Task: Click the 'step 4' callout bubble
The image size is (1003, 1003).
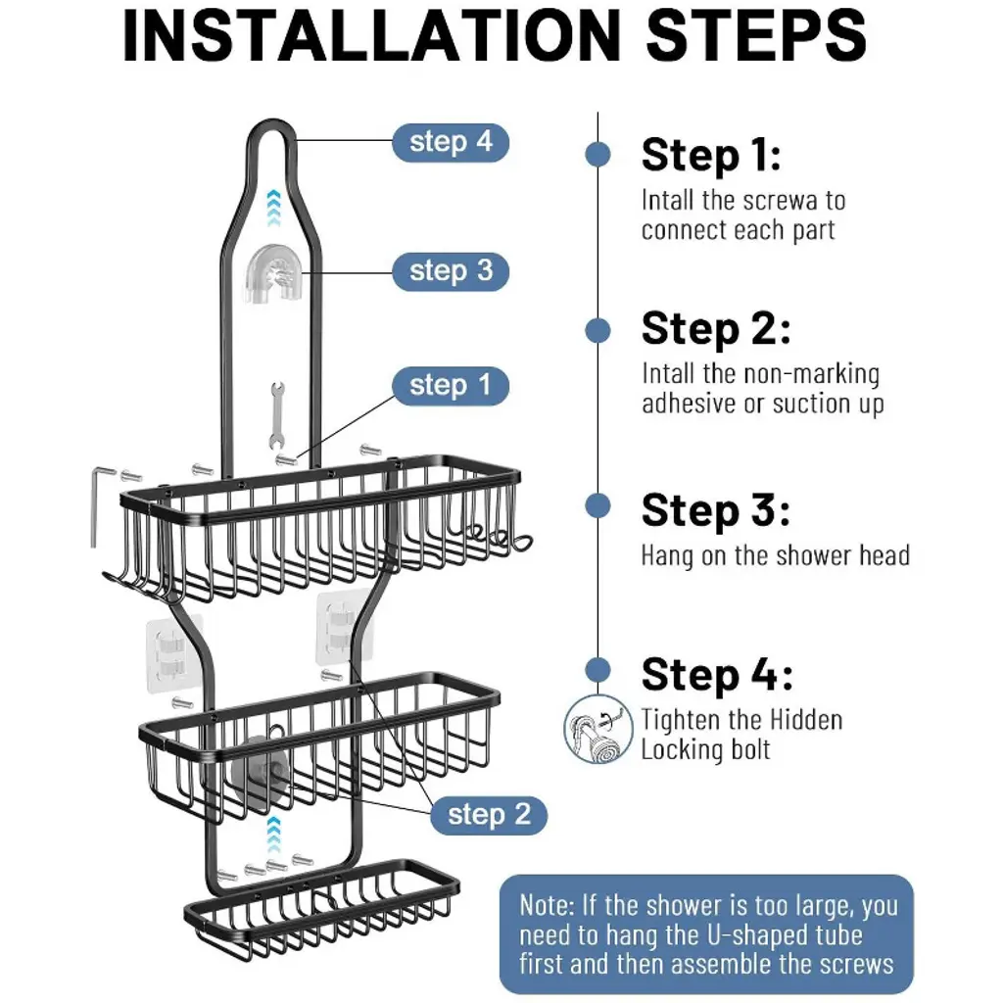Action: [x=451, y=142]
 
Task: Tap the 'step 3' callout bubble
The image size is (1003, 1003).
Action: [x=451, y=271]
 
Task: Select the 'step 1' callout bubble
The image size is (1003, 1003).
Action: [x=451, y=386]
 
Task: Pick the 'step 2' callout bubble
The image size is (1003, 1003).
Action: [x=489, y=815]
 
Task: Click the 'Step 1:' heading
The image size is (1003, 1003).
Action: [x=711, y=156]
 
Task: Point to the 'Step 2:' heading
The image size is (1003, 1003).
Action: [x=716, y=329]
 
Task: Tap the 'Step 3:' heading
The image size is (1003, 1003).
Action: [x=716, y=511]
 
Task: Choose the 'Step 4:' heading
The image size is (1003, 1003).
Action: [x=717, y=675]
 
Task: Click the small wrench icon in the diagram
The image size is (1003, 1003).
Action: [x=277, y=415]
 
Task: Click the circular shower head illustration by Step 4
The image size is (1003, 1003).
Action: [x=598, y=729]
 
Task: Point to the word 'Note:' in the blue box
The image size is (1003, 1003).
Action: [x=547, y=905]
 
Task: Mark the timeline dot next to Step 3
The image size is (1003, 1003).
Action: [x=598, y=506]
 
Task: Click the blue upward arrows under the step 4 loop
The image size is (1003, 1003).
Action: [x=274, y=208]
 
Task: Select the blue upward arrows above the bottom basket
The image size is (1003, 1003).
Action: [x=274, y=835]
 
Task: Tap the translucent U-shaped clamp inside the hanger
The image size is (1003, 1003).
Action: [x=274, y=274]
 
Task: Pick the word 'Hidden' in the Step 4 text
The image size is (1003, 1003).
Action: [x=806, y=720]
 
